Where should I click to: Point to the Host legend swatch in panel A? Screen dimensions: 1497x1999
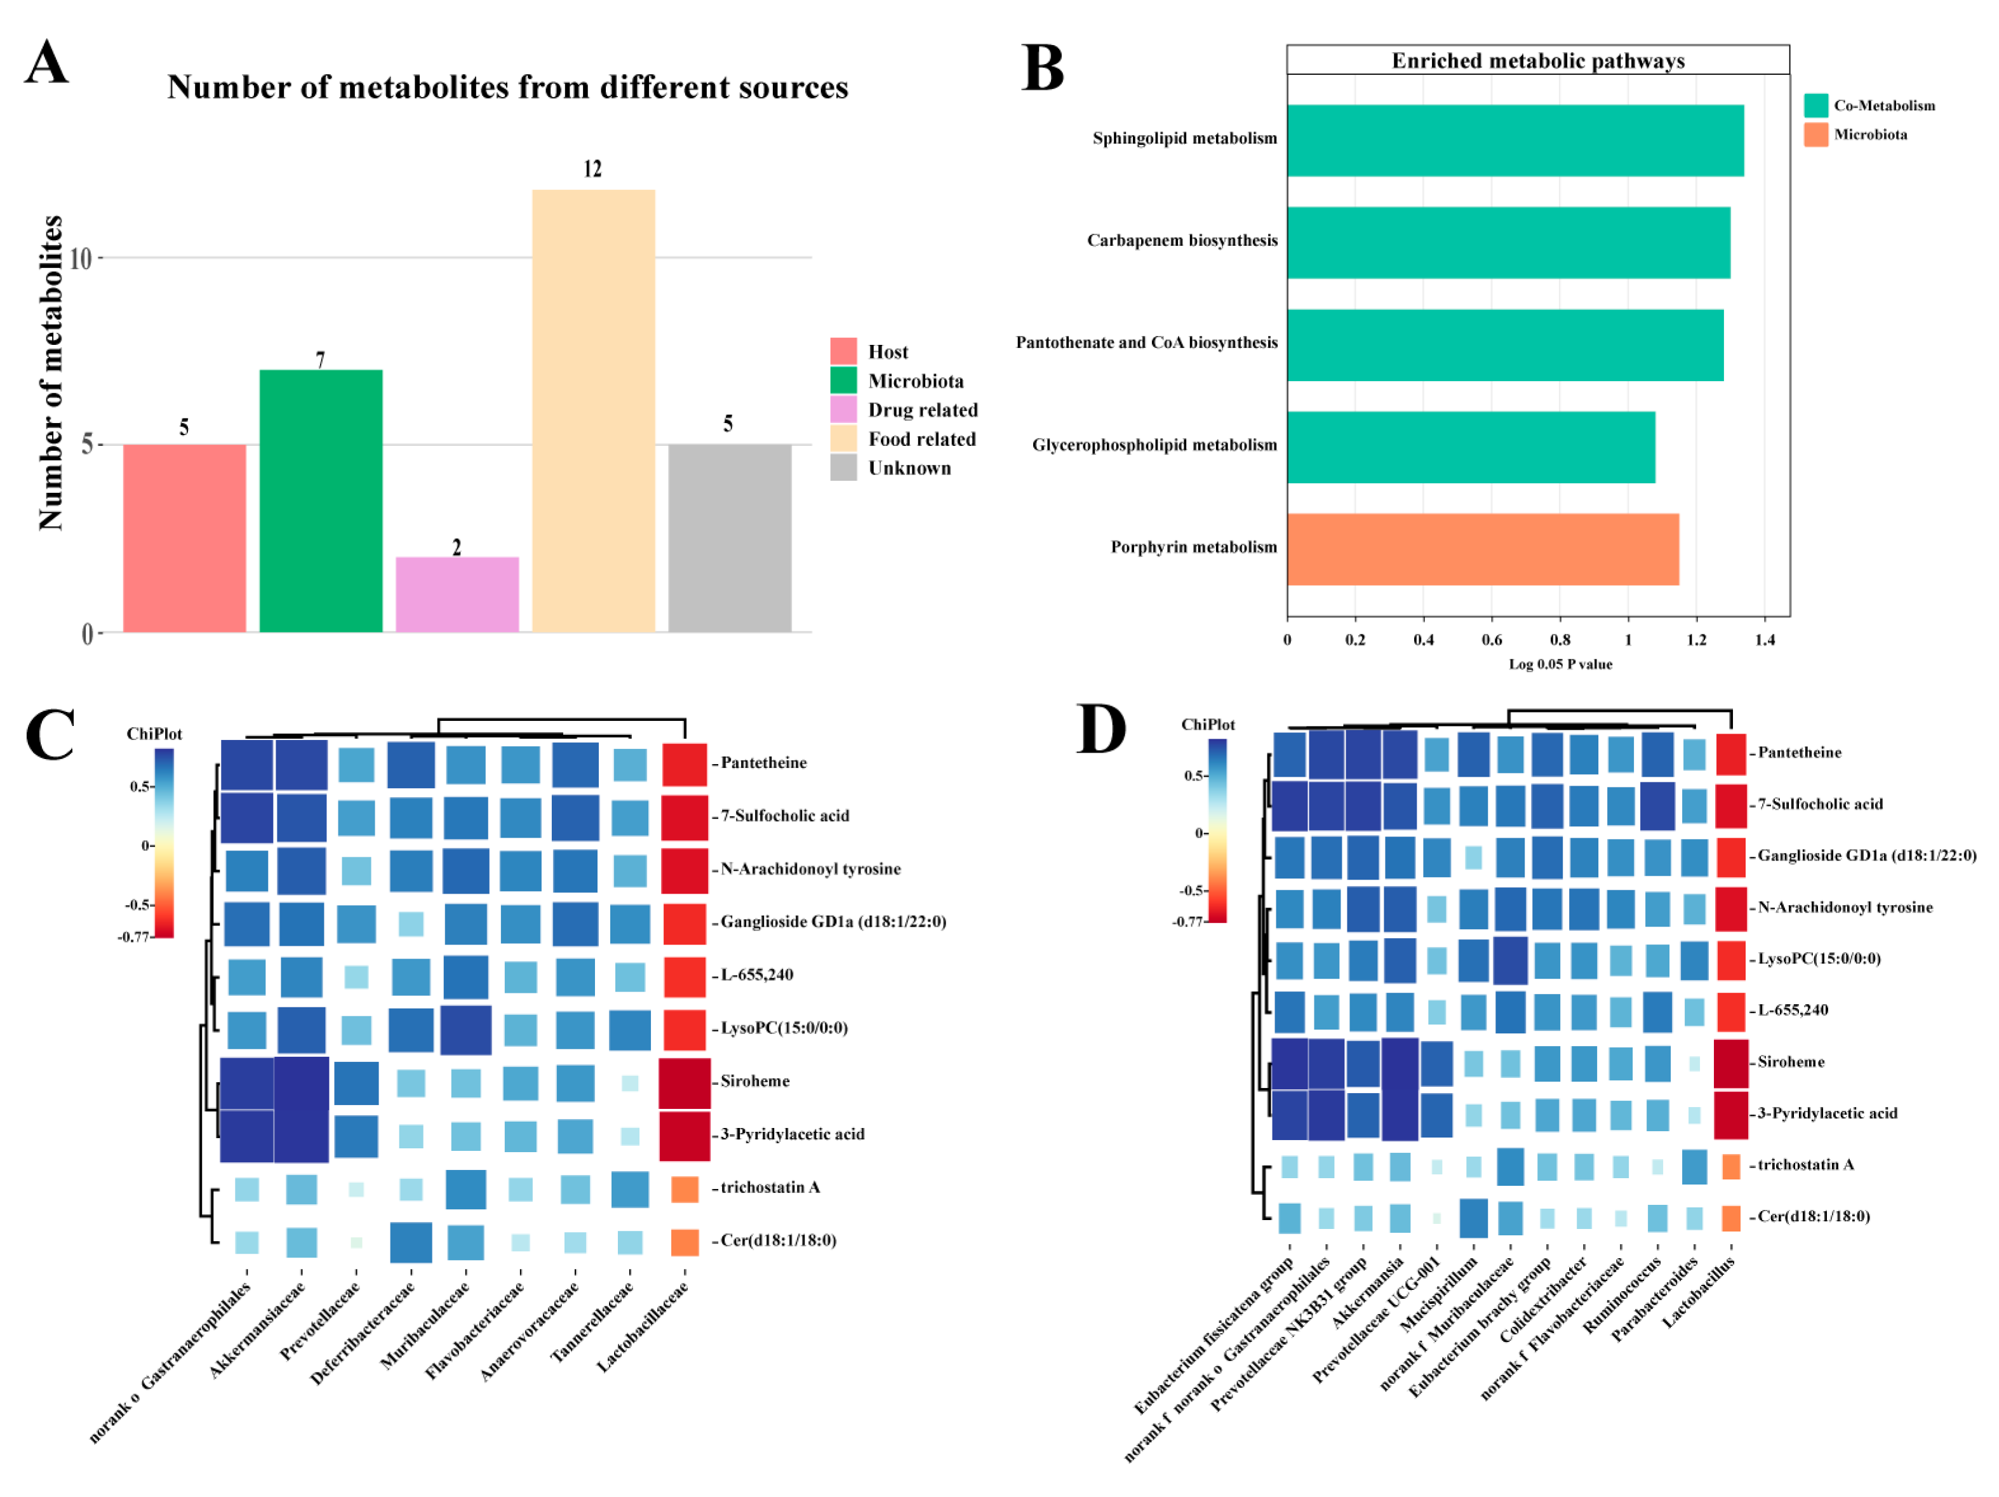(843, 351)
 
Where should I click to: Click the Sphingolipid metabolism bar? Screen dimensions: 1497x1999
(1514, 140)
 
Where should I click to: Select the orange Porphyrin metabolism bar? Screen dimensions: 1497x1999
(1482, 549)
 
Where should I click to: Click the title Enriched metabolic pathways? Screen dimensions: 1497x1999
(1537, 60)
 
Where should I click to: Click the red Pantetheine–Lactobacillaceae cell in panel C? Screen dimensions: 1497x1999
(684, 764)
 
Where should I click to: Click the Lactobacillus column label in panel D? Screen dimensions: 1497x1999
(1699, 1292)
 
